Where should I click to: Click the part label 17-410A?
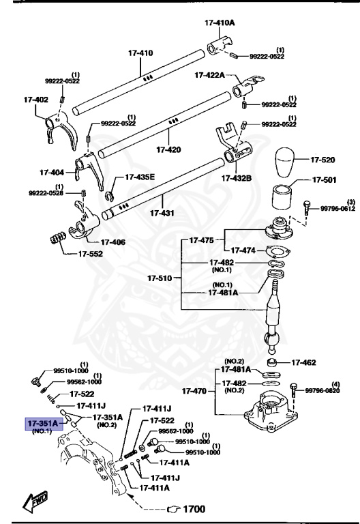(220, 23)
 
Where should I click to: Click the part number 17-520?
(324, 160)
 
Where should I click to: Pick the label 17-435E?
(139, 177)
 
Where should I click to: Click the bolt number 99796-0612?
(338, 209)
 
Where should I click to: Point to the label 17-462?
(305, 362)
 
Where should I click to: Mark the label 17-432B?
(236, 179)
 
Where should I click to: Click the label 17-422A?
(210, 75)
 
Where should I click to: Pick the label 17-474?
(244, 250)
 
